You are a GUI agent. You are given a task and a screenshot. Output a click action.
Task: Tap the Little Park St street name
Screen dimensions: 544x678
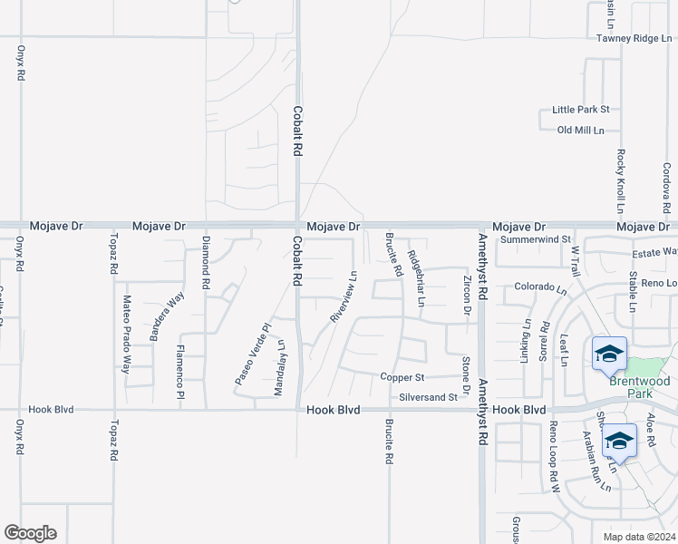[580, 110]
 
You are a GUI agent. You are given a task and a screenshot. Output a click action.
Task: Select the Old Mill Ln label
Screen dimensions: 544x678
[580, 131]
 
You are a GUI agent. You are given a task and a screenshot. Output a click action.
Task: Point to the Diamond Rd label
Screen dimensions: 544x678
[206, 263]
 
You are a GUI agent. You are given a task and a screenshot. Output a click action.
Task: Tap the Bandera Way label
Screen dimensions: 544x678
[167, 315]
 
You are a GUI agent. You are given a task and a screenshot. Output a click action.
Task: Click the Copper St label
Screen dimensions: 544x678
[402, 376]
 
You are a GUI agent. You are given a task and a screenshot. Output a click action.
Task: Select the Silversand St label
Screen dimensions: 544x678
[428, 398]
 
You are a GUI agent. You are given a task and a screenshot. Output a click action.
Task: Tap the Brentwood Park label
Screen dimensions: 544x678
[639, 388]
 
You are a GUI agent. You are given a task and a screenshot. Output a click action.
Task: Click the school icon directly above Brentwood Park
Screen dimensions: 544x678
[609, 354]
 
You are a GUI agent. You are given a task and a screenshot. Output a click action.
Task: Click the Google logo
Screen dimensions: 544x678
[30, 533]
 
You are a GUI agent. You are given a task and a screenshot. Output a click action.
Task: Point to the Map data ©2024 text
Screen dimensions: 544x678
[638, 537]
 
